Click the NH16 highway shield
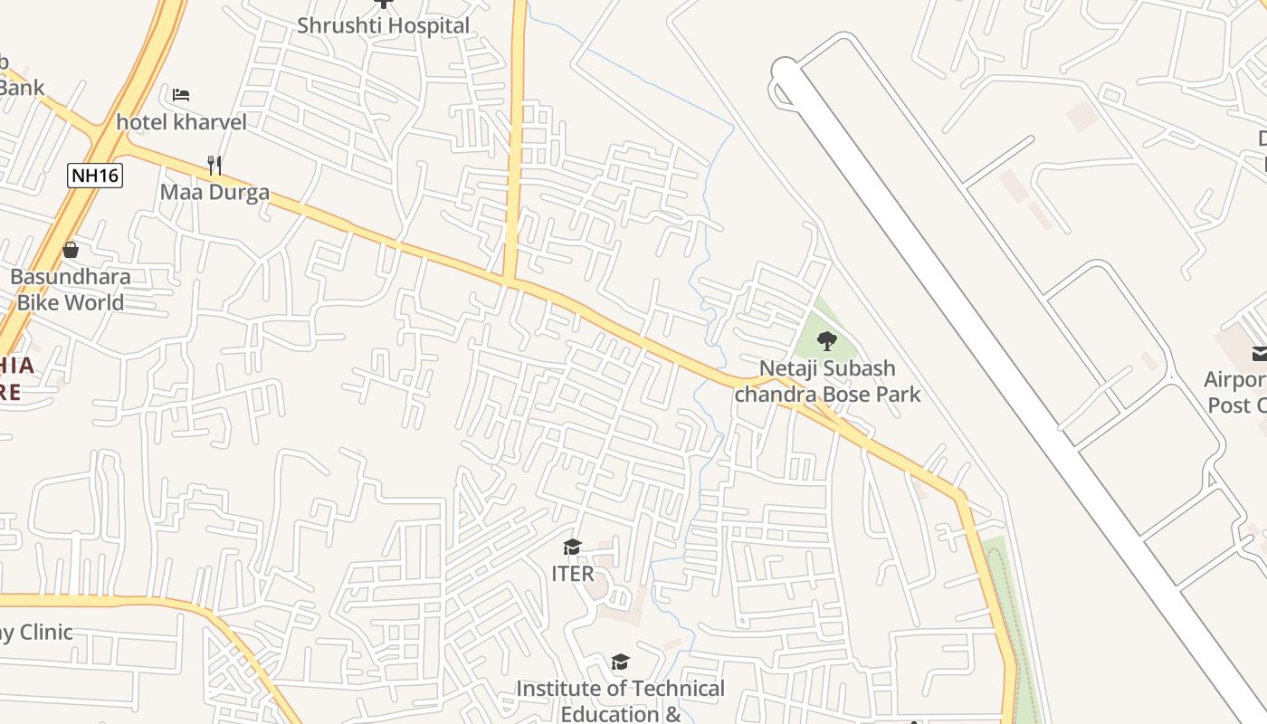pos(95,175)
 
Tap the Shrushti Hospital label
pos(384,25)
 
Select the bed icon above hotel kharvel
pos(181,94)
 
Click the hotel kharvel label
pos(181,121)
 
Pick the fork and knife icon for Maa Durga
pos(214,165)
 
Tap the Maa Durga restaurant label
pos(214,192)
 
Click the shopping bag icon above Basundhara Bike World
pos(71,250)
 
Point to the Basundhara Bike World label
pos(71,290)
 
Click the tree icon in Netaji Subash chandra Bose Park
pos(826,341)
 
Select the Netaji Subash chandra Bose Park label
pos(827,381)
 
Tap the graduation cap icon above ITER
pos(572,547)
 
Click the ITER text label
pos(573,574)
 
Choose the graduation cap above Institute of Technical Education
pos(620,662)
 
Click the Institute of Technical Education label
pos(621,700)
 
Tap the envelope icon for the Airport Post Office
pos(1259,353)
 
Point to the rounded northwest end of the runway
pos(785,72)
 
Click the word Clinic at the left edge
pos(45,632)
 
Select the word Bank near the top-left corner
pos(22,88)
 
